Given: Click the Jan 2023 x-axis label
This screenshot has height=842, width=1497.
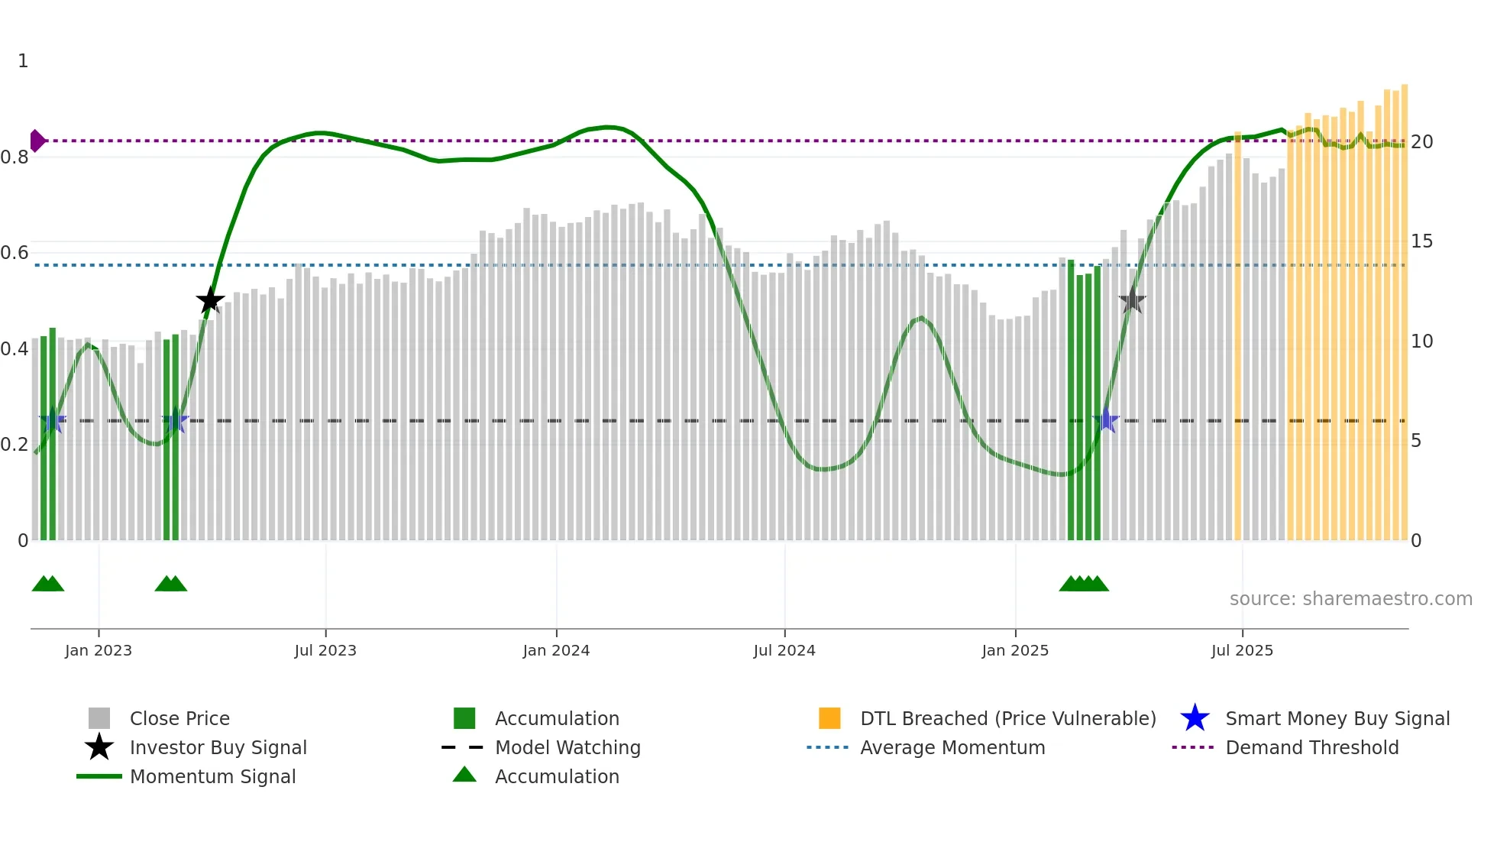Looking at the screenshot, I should (99, 650).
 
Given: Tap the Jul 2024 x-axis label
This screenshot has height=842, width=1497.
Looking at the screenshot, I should (784, 650).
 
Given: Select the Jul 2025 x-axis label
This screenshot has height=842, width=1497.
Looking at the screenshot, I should (1242, 650).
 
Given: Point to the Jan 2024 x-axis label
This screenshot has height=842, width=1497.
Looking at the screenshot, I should (556, 650).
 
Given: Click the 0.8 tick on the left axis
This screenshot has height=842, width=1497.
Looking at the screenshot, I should (15, 157).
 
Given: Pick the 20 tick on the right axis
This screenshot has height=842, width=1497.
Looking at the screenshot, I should (1421, 142).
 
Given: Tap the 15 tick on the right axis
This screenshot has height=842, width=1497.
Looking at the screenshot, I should (1421, 241).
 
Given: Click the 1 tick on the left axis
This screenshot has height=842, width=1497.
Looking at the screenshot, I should (23, 61).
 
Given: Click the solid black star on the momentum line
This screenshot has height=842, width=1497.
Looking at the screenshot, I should (210, 300).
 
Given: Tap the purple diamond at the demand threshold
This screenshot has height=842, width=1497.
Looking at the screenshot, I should (37, 141).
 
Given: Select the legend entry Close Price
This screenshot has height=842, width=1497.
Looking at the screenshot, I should (179, 718).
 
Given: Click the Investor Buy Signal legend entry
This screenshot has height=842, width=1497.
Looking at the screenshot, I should (218, 747).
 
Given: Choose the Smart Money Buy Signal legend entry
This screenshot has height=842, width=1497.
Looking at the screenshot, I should (1337, 718).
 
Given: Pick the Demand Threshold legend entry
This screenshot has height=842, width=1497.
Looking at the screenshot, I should (1311, 747).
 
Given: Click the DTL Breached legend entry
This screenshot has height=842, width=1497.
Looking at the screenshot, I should (1007, 718).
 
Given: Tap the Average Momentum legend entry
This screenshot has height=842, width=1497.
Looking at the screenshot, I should (952, 747).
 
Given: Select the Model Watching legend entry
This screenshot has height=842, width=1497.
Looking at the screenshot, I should (567, 747).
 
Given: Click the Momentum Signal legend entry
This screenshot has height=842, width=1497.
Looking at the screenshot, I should (212, 776).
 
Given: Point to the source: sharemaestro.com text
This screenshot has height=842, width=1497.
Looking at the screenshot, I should (1350, 598).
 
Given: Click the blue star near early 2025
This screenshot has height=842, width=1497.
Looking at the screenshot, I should (1106, 420).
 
